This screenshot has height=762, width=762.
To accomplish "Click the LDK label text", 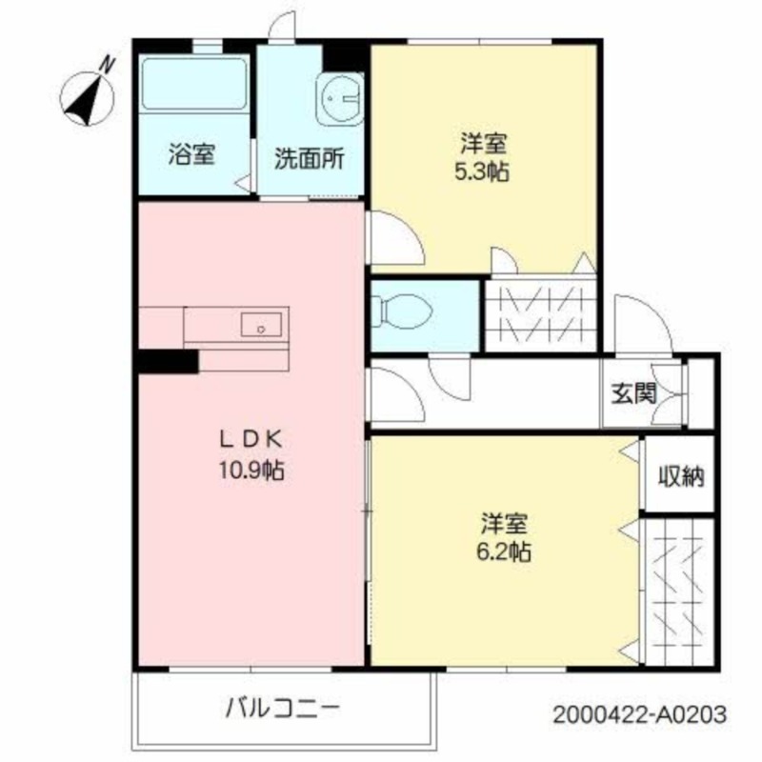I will [251, 439].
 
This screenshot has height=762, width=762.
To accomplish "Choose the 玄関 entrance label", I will [632, 392].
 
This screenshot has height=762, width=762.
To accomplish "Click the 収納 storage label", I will [680, 476].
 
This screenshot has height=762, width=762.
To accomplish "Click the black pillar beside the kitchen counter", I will [166, 361].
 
